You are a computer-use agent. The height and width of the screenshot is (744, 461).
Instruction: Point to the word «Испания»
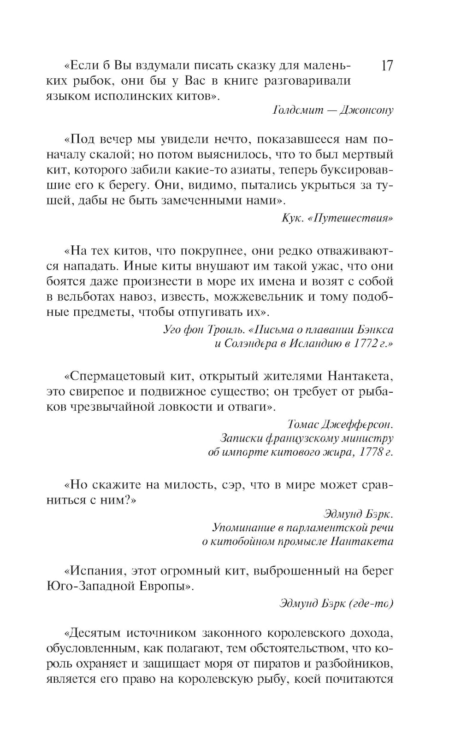point(95,571)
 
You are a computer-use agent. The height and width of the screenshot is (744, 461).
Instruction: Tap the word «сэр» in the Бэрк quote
point(231,485)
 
